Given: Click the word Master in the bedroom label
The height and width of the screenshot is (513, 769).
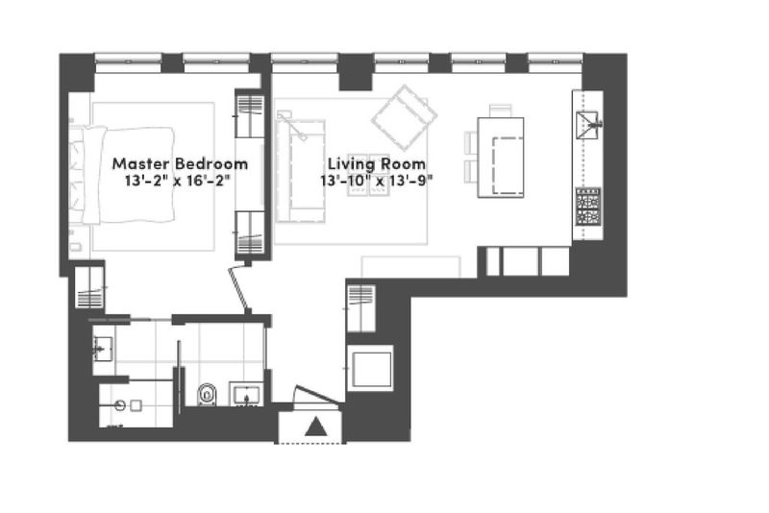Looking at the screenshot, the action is (141, 163).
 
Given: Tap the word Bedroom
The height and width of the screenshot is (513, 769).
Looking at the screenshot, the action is (211, 163).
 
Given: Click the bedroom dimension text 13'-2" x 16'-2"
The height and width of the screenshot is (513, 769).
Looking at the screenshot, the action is (177, 181).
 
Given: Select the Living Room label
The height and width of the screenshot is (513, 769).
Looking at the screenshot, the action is (377, 163).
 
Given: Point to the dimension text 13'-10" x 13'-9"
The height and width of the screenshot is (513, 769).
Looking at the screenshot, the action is (377, 181).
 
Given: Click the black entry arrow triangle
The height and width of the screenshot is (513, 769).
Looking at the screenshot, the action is (316, 427).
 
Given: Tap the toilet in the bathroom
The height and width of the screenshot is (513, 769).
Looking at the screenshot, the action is (207, 395).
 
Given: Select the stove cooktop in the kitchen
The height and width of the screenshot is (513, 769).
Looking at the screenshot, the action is (588, 206).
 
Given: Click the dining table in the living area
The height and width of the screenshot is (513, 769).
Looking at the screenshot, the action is (501, 158).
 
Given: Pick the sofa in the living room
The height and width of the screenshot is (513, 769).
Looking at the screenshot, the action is (300, 170).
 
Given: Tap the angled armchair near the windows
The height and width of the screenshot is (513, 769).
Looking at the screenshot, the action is (404, 117).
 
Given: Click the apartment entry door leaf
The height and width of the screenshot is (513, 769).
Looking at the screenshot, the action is (316, 395).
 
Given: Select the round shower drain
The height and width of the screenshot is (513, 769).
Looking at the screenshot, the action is (120, 405).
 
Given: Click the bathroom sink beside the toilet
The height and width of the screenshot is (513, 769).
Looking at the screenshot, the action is (247, 395).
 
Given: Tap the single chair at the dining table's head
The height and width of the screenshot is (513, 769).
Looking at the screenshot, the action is (501, 110).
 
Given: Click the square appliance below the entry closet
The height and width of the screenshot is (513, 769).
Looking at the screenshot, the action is (370, 368).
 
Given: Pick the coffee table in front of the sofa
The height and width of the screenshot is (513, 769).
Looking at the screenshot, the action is (369, 188).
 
